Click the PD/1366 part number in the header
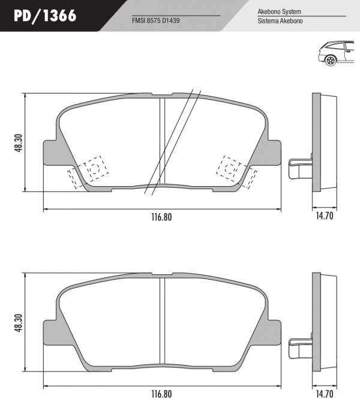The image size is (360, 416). [45, 16]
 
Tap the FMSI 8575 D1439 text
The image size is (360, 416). [155, 20]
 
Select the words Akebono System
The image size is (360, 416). [279, 11]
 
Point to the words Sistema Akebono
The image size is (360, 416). [280, 21]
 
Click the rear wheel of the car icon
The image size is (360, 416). [331, 61]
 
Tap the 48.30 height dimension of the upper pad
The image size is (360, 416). [19, 143]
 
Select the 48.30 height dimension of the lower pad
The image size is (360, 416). [19, 323]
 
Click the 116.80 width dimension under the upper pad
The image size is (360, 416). [161, 217]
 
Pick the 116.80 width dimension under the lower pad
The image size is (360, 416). [161, 394]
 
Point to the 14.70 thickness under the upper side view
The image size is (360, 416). [324, 216]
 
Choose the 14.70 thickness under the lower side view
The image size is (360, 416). [324, 394]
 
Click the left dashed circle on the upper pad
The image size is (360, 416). [95, 168]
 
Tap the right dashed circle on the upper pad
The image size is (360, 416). [229, 168]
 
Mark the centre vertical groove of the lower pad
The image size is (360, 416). [162, 321]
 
